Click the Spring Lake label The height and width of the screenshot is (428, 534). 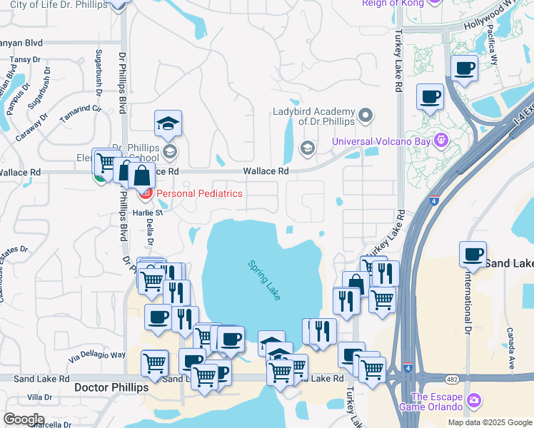tap(264, 280)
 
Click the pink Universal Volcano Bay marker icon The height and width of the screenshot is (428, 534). tap(442, 140)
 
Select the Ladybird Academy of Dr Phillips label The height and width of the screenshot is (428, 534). tap(314, 116)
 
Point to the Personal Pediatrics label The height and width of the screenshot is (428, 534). tap(199, 193)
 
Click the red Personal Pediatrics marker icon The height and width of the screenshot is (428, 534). tap(146, 193)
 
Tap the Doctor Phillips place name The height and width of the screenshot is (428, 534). tap(111, 387)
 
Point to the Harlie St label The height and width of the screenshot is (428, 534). tap(148, 213)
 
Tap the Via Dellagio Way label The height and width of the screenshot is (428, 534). tap(97, 355)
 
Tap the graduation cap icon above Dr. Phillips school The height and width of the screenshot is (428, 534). tap(168, 123)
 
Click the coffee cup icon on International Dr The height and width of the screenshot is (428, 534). tap(473, 254)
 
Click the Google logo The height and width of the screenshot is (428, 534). tap(24, 419)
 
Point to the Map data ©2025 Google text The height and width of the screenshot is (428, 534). tap(489, 422)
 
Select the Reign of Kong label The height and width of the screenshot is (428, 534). tap(384, 4)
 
